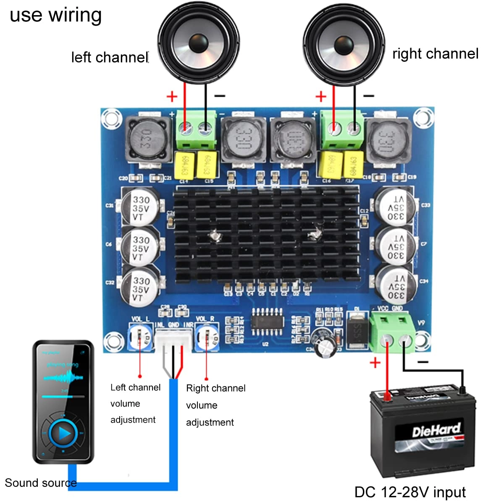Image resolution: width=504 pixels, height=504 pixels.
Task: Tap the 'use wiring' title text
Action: (x=55, y=15)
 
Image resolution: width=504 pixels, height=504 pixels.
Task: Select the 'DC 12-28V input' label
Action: (x=410, y=492)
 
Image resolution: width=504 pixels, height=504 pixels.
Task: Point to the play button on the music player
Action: (x=63, y=433)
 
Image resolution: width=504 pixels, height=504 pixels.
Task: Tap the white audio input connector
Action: (x=173, y=338)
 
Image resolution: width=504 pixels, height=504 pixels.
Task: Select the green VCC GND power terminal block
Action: (x=393, y=332)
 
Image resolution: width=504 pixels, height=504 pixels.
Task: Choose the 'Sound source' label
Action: (x=40, y=483)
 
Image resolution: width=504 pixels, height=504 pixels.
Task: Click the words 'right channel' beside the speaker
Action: (x=435, y=54)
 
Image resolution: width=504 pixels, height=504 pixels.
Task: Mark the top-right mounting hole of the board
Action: (x=422, y=117)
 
